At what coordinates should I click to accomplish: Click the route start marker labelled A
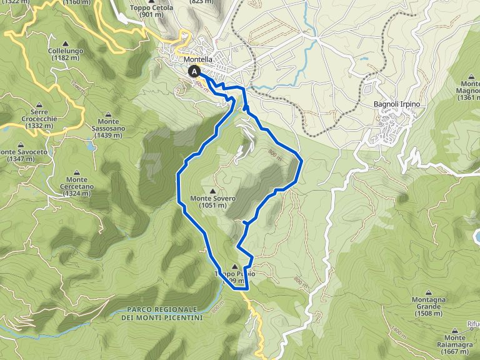(x=195, y=72)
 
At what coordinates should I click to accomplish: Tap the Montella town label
(x=199, y=59)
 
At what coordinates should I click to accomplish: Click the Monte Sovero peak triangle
(x=213, y=191)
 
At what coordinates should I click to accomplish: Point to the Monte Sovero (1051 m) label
(x=213, y=202)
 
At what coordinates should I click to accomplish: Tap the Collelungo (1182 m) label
(x=66, y=54)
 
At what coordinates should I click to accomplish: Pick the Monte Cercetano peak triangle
(x=77, y=172)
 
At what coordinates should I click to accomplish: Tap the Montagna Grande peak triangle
(x=428, y=292)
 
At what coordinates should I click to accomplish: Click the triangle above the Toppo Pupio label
(x=234, y=266)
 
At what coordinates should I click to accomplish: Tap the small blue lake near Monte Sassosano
(x=92, y=147)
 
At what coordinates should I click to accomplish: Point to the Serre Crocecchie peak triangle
(x=39, y=104)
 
